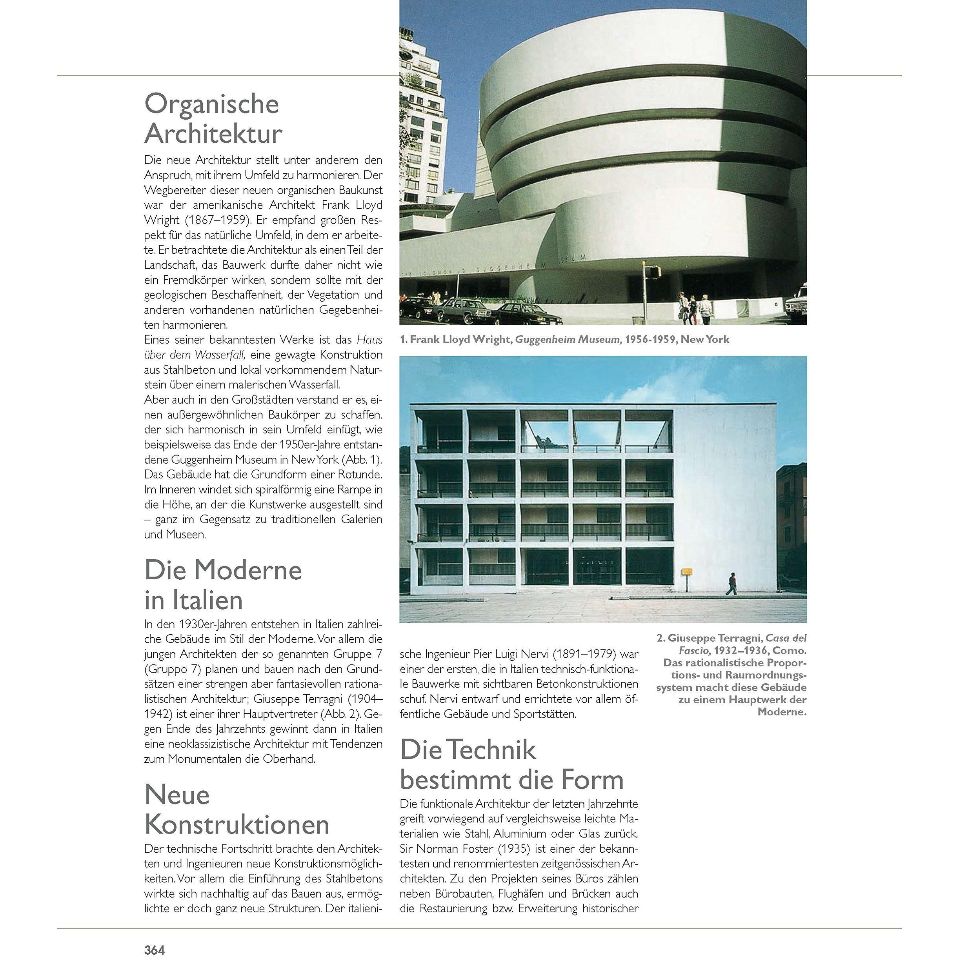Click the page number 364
tap(154, 949)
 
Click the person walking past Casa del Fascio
tap(731, 584)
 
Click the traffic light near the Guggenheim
tap(655, 271)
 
